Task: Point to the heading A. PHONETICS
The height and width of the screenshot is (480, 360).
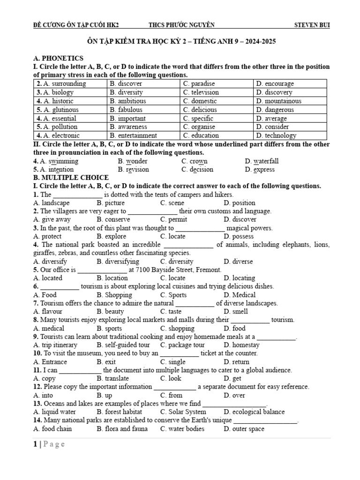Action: point(59,58)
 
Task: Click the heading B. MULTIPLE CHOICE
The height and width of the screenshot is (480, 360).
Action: point(71,178)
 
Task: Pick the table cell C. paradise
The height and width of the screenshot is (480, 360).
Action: point(199,83)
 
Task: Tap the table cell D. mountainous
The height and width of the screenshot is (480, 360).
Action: point(278,101)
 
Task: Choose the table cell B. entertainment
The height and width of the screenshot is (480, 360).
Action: point(133,135)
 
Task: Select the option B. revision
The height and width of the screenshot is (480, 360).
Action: point(133,169)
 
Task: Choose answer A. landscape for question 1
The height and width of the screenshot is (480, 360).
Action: point(52,203)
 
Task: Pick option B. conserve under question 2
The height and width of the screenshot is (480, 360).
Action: point(113,219)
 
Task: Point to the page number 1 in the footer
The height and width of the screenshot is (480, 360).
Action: point(35,444)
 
